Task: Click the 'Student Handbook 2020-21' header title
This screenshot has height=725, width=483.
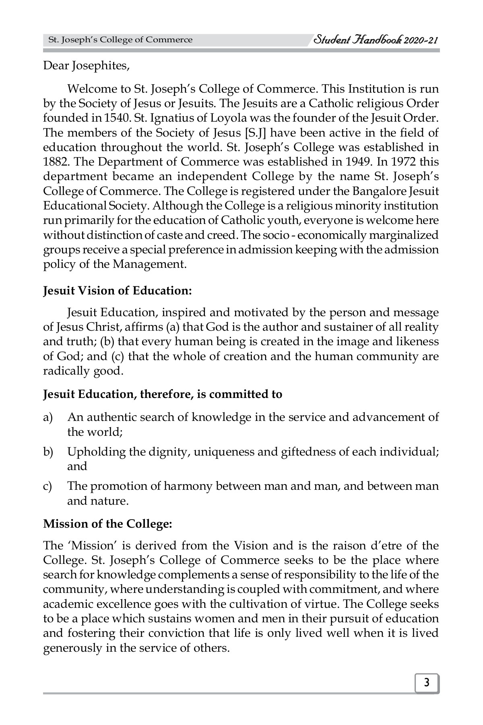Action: coord(376,39)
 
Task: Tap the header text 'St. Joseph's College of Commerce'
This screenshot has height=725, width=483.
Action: coord(120,40)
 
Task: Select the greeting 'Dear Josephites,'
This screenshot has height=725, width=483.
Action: coord(86,66)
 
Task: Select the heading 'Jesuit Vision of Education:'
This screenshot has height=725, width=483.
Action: coord(118,291)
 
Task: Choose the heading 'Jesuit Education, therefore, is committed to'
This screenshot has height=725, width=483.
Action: coord(163,394)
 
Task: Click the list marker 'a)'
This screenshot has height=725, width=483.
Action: coord(48,417)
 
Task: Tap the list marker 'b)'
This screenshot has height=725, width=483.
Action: coord(48,452)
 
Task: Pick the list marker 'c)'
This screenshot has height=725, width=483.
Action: coord(48,487)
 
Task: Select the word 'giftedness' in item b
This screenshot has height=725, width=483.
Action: coord(306,452)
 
